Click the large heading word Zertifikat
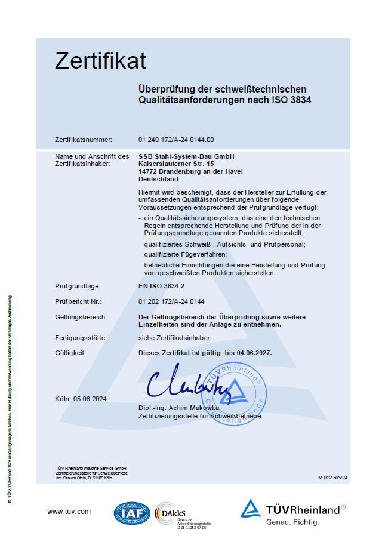point(100,61)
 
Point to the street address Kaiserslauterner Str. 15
point(176,164)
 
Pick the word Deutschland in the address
point(158,178)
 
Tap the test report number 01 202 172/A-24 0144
point(171,301)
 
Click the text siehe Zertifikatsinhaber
point(173,338)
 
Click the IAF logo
point(133,513)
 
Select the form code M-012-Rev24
point(333,478)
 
